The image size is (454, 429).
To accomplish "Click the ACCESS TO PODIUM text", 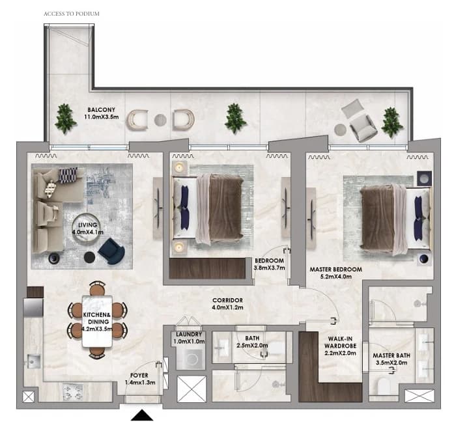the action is point(72,14).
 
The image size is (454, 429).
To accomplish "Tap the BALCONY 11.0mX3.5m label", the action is point(102,113).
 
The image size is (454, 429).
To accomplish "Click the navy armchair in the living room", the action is point(111,251).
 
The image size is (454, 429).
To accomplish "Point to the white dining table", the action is point(97,321).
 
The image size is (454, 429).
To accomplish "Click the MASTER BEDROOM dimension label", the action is point(336,273).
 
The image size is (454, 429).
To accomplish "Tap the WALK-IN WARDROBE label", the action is point(340,346).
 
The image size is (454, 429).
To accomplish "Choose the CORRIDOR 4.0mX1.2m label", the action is point(227,304).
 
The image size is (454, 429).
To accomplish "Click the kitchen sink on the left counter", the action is point(34,361).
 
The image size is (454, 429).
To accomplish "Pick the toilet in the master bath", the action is point(384,387).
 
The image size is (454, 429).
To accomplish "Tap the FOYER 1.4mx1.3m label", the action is point(140,379).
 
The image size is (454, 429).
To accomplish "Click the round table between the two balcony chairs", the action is point(160,120).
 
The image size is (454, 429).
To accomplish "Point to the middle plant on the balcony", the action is point(235,118).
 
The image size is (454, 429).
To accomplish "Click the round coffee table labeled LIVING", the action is point(87,228).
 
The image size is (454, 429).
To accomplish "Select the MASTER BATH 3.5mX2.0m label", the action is point(391,359).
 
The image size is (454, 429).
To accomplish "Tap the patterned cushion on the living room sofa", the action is point(68,174).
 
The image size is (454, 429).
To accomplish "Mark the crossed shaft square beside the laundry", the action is point(192,389).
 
